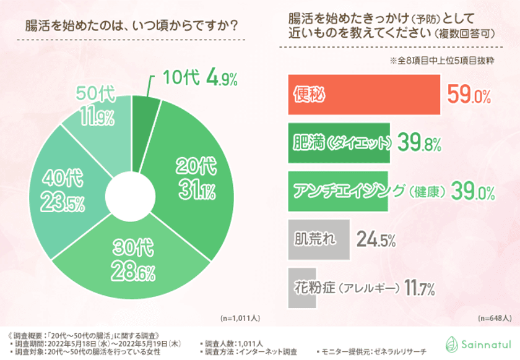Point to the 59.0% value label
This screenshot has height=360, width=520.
tap(468, 96)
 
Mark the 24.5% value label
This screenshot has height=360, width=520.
tap(376, 239)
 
